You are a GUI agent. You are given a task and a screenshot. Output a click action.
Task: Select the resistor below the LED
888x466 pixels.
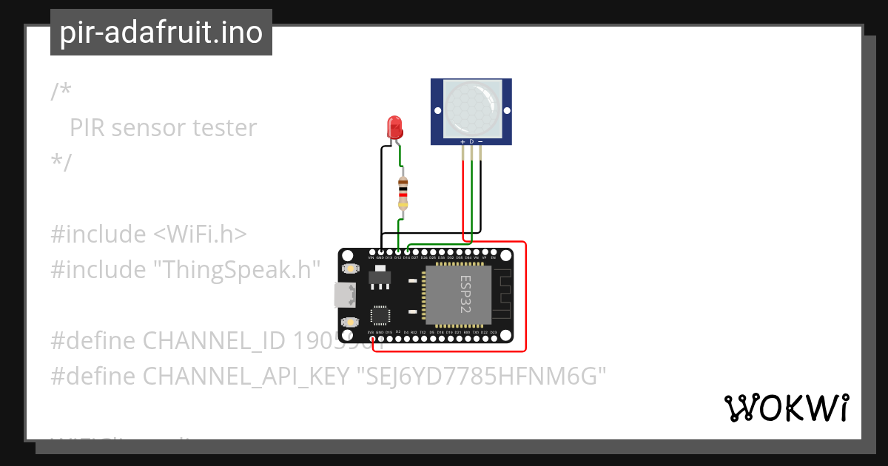point(403,195)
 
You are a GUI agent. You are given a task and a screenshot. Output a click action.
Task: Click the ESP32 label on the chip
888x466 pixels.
point(465,294)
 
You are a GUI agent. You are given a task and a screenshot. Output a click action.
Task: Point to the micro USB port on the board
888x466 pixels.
point(343,294)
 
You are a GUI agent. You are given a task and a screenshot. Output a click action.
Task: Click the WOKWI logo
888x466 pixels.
point(786,408)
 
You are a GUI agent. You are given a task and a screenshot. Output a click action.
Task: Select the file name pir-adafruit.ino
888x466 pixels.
point(161,33)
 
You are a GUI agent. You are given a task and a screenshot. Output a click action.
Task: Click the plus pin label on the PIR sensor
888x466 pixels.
point(463,141)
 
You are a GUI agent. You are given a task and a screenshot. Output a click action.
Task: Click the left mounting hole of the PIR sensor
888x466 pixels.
point(437,111)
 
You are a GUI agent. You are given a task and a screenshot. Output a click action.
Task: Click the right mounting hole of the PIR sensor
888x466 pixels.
point(505,111)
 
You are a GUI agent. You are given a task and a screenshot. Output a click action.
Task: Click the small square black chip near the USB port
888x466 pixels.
point(380,315)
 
